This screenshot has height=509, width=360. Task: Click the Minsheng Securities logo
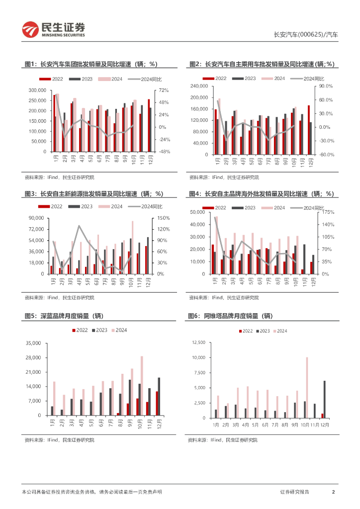[x=54, y=30]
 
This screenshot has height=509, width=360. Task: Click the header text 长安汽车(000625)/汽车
[x=306, y=35]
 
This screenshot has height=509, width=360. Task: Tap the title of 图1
[x=91, y=64]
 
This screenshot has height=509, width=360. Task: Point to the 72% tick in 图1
[x=163, y=90]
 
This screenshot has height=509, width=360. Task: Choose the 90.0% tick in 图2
[x=326, y=86]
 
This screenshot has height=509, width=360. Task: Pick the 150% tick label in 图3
[x=164, y=218]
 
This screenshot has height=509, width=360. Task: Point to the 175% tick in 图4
[x=327, y=212]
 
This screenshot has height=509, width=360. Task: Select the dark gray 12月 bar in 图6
[x=325, y=399]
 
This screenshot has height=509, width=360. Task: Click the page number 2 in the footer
[x=333, y=492]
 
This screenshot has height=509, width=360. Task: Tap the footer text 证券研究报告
[x=294, y=492]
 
